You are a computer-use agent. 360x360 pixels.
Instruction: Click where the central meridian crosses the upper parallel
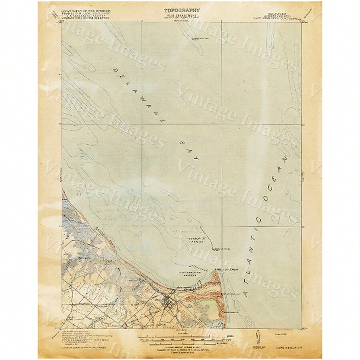222,123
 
